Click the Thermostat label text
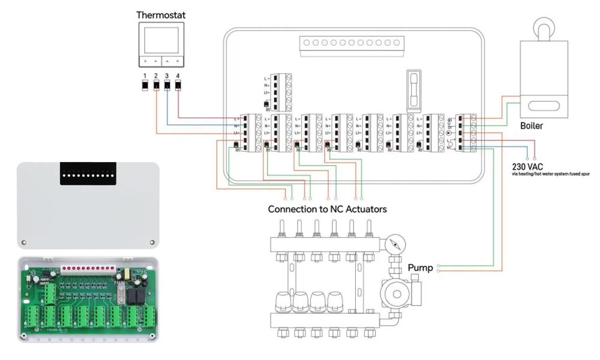coord(161,14)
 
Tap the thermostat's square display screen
coord(161,40)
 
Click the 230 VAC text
coord(527,166)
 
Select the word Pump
coord(421,268)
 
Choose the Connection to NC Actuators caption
coord(327,209)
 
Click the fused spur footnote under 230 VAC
coord(551,173)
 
